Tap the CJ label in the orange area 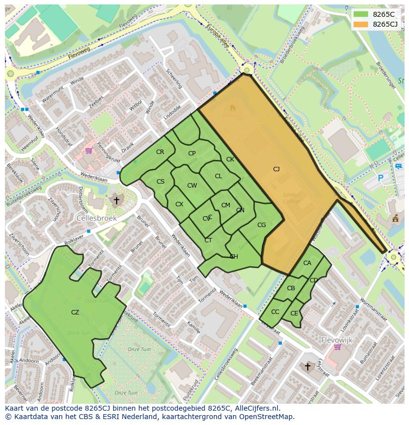coord(276,169)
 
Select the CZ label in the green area coord(75,312)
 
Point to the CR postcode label coord(160,152)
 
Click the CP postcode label coord(192,154)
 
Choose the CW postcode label coord(192,186)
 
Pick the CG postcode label coord(261,225)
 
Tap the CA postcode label coord(307,263)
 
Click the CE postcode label coord(294,313)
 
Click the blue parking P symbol coord(380,178)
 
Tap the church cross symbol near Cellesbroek coord(117,200)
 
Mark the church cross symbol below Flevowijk coord(308,366)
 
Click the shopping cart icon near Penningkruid coord(89,150)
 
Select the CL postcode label coord(218,176)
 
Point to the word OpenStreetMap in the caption coord(267,417)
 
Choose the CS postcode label coord(161,182)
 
